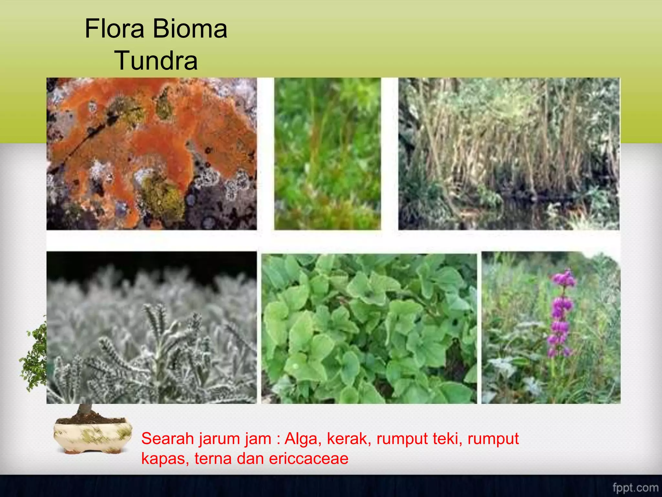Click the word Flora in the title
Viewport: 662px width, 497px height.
pos(114,29)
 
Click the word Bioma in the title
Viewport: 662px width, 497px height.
pos(190,29)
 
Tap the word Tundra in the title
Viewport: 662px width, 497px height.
pos(156,61)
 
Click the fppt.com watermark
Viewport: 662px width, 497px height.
pos(635,488)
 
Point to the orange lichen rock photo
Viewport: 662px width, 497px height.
pos(152,154)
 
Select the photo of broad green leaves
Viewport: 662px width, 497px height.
pos(369,328)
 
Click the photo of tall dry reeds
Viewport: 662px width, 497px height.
pos(509,154)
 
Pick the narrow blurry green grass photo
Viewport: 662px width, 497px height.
pos(327,154)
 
